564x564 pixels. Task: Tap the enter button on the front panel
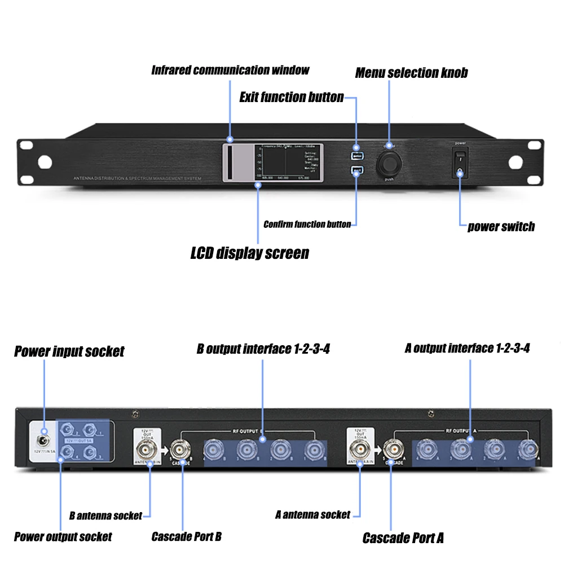click(356, 156)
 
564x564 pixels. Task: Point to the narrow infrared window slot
click(230, 162)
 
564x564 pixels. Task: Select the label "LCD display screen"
click(250, 253)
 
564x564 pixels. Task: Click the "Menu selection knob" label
click(411, 73)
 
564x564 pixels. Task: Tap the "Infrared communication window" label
click(230, 70)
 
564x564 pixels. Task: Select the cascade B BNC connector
click(182, 450)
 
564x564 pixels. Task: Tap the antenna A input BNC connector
click(360, 450)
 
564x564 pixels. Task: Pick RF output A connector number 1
click(528, 450)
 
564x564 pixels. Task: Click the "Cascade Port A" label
click(403, 538)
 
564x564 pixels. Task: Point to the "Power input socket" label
click(69, 351)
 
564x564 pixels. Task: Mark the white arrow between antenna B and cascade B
click(165, 450)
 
